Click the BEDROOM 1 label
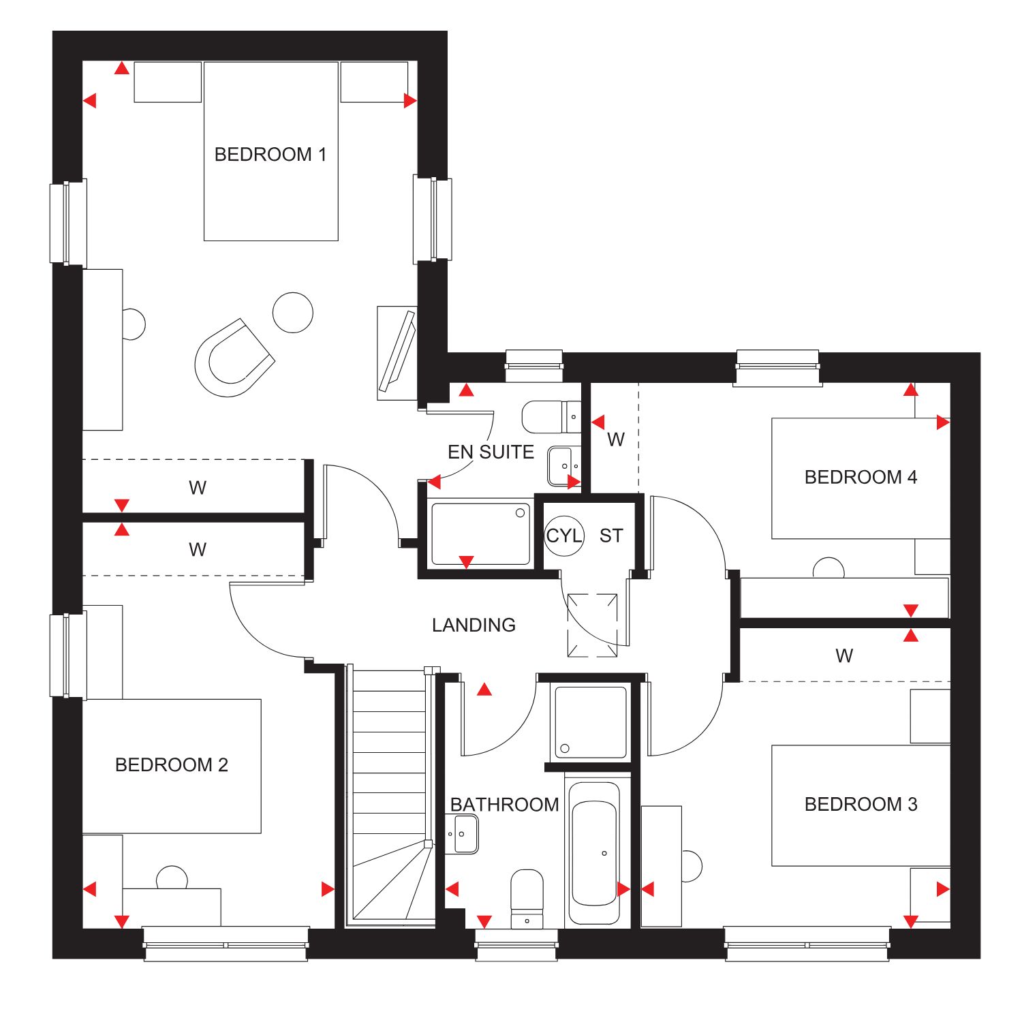[270, 155]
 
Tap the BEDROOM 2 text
[172, 765]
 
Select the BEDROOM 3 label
[861, 805]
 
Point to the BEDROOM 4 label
[861, 477]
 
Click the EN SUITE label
[491, 452]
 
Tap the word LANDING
[474, 625]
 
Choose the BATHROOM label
[505, 805]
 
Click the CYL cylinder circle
[564, 536]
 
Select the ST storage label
[611, 536]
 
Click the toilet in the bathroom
[527, 899]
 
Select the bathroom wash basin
[463, 834]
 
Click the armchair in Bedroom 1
[234, 357]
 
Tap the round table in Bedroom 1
[293, 313]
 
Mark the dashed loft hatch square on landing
[593, 625]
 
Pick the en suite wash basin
[563, 465]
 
